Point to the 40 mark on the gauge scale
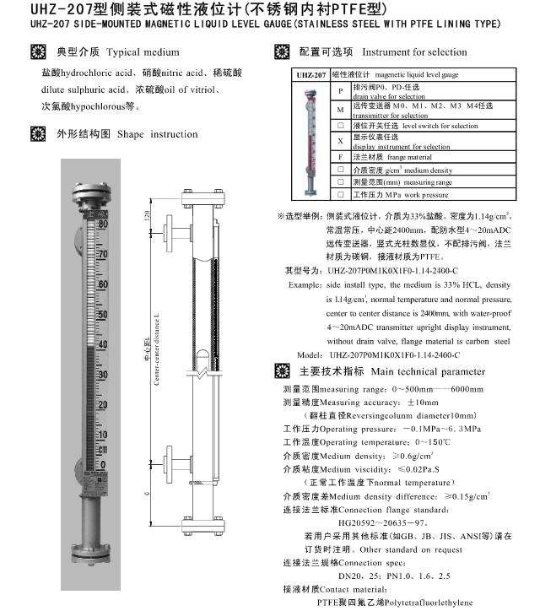tap(103, 344)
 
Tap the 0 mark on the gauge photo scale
tap(103, 465)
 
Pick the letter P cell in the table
tap(339, 90)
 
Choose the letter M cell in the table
tap(339, 109)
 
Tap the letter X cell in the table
tap(339, 140)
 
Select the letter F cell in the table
tap(339, 157)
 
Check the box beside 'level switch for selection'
tap(339, 126)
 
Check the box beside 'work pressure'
tap(339, 194)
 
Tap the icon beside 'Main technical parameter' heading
tap(283, 371)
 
